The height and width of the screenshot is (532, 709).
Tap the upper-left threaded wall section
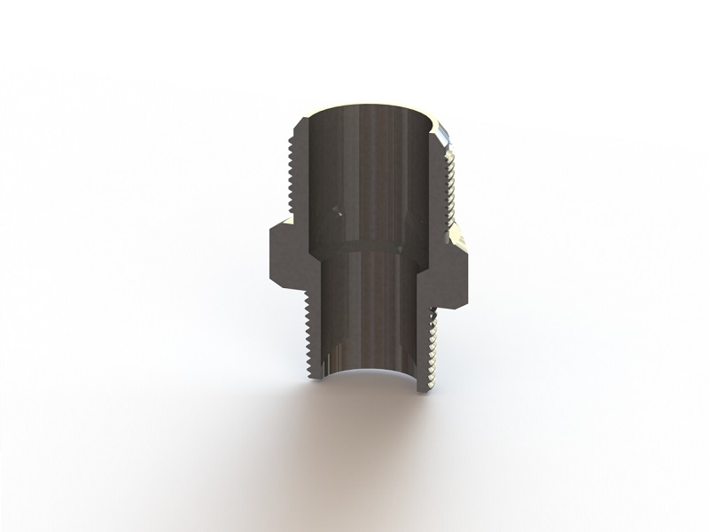[x=300, y=168]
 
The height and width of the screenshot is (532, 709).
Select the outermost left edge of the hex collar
[x=266, y=257]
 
